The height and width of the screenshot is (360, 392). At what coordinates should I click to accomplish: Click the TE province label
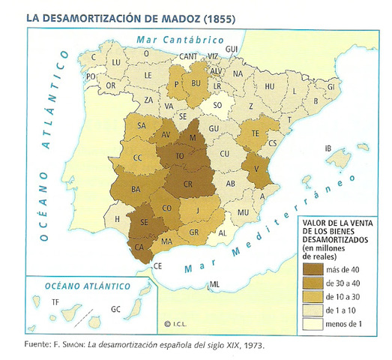[x=255, y=133]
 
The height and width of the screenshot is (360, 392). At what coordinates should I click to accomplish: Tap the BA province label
[x=136, y=188]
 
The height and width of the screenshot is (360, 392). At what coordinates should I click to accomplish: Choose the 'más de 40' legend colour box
[x=311, y=268]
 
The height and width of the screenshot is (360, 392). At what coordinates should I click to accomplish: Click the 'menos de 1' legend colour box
[x=311, y=324]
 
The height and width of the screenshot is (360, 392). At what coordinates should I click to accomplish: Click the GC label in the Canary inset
[x=115, y=308]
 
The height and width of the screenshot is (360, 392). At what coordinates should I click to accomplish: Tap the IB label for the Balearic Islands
[x=327, y=148]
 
